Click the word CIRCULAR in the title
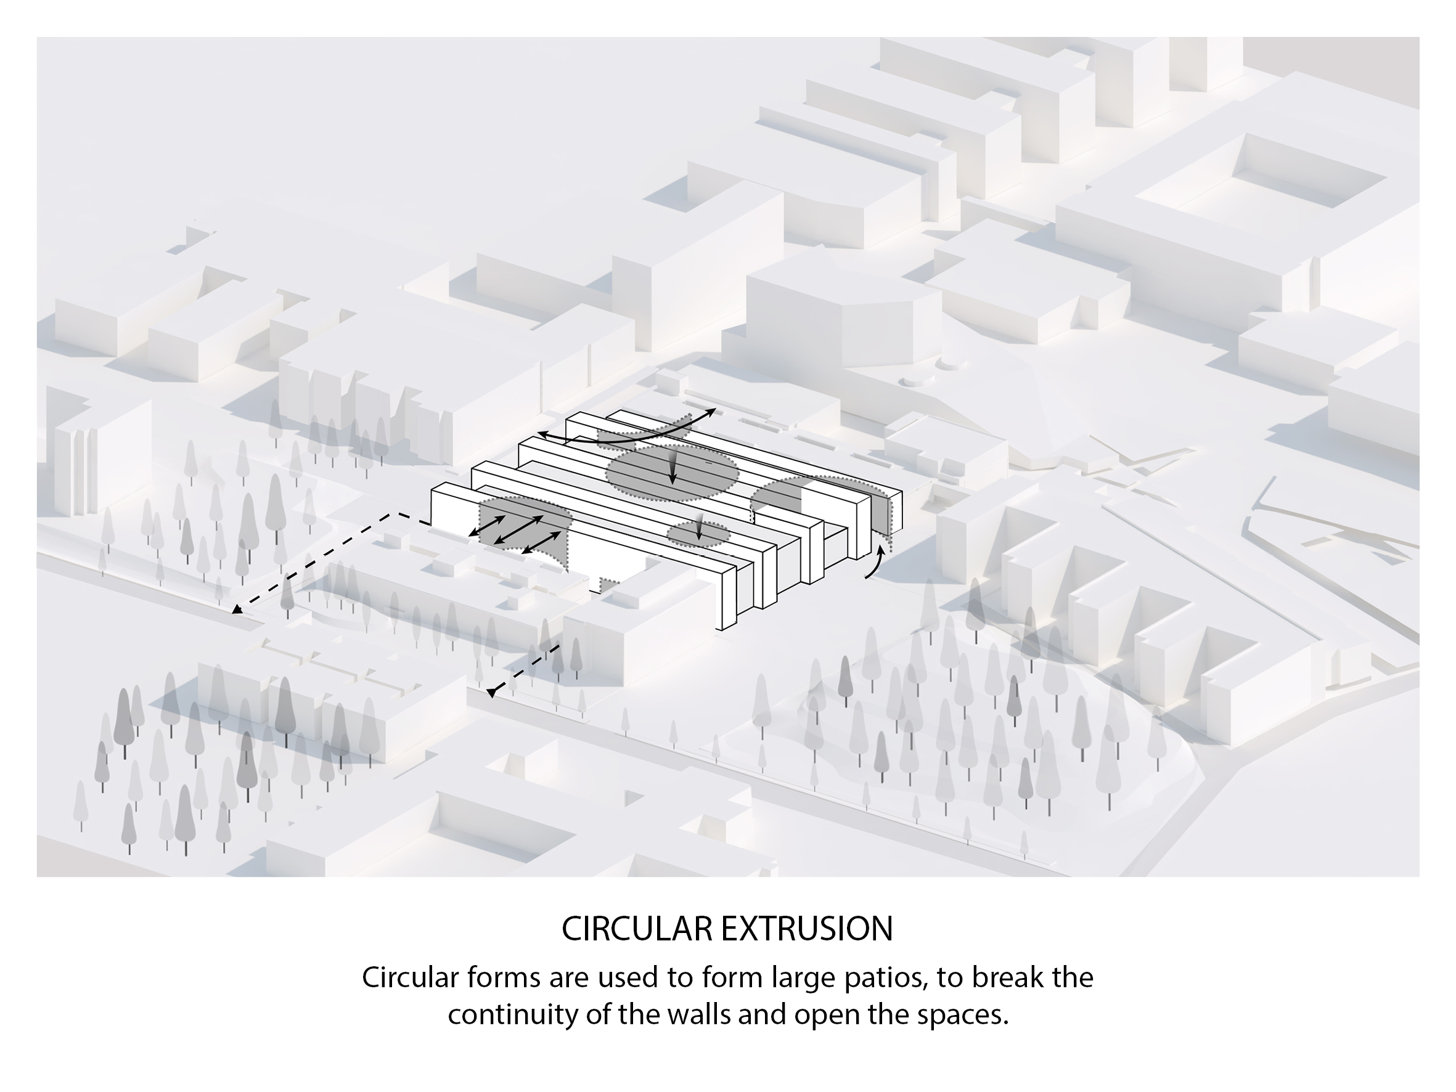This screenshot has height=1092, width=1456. click(x=637, y=929)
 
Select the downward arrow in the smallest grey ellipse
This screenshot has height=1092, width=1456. click(x=700, y=531)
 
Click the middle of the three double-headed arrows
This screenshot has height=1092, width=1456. click(x=518, y=530)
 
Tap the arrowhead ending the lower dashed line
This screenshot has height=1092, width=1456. click(x=491, y=693)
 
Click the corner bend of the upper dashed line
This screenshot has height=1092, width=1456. click(x=392, y=513)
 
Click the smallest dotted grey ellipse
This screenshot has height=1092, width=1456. click(x=698, y=533)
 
